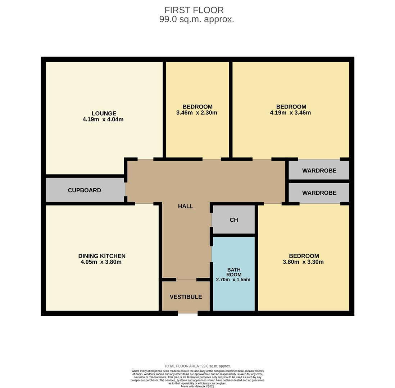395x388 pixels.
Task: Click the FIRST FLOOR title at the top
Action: pyautogui.click(x=194, y=10)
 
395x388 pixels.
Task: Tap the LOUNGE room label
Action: pyautogui.click(x=104, y=114)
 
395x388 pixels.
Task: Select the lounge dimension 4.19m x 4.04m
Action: pyautogui.click(x=103, y=120)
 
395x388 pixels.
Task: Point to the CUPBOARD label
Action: pyautogui.click(x=85, y=190)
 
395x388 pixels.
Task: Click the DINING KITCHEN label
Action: pyautogui.click(x=102, y=256)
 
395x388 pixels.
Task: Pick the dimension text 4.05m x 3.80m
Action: pyautogui.click(x=101, y=262)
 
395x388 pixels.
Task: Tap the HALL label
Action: pyautogui.click(x=186, y=206)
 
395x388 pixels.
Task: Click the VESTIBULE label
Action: pyautogui.click(x=186, y=297)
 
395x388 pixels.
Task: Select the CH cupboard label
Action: pyautogui.click(x=234, y=220)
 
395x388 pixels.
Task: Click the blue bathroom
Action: pyautogui.click(x=234, y=274)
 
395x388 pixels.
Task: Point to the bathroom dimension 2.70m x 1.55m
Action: pyautogui.click(x=233, y=280)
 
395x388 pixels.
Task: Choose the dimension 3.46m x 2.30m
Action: pyautogui.click(x=197, y=113)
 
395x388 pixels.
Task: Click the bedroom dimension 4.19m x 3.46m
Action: pyautogui.click(x=290, y=113)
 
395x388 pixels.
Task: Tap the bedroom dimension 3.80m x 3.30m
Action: pyautogui.click(x=303, y=262)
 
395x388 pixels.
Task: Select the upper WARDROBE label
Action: pyautogui.click(x=319, y=171)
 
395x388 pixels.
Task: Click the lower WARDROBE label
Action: pyautogui.click(x=319, y=193)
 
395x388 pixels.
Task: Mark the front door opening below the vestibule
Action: pyautogui.click(x=188, y=313)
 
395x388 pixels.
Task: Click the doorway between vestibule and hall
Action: pyautogui.click(x=186, y=280)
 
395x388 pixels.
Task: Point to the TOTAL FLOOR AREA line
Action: pyautogui.click(x=197, y=366)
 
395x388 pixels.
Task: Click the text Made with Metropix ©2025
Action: pyautogui.click(x=197, y=386)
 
